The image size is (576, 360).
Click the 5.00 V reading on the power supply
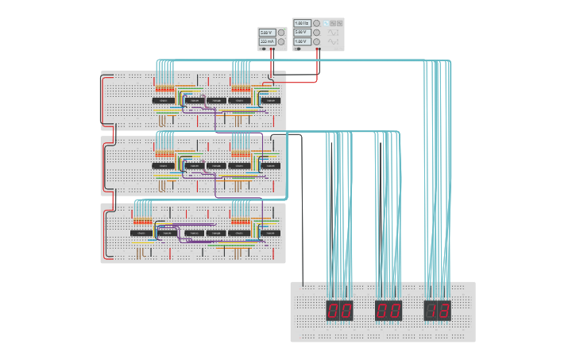click(266, 33)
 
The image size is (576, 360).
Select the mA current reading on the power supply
click(267, 41)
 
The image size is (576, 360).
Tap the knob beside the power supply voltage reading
click(281, 33)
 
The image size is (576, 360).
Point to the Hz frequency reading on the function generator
click(302, 24)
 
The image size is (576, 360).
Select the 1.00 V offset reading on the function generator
click(302, 41)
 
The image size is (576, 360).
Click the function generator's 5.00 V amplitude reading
click(302, 33)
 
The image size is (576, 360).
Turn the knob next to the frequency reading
click(317, 24)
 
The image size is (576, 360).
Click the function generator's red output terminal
click(319, 48)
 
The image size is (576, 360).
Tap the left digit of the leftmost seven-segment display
click(334, 310)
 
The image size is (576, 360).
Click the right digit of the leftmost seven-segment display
click(346, 310)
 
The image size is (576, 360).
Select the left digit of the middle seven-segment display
click(383, 310)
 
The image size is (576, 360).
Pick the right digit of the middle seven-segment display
click(395, 310)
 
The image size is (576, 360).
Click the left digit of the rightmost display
click(432, 310)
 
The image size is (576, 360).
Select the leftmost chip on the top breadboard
click(163, 100)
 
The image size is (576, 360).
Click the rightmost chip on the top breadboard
click(271, 100)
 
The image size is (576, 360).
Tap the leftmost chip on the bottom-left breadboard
click(141, 233)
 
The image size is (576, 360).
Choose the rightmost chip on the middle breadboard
click(271, 166)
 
